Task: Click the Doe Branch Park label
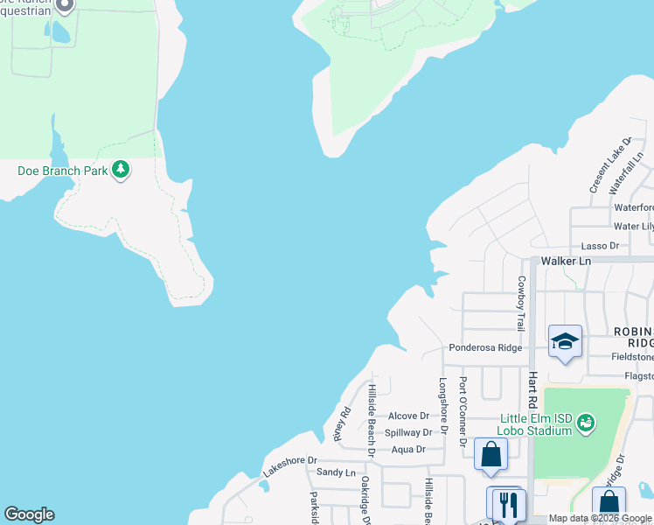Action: [62, 171]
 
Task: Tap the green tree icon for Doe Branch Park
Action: [122, 170]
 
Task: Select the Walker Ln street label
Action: [566, 261]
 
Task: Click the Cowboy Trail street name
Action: [521, 303]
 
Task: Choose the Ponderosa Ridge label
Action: [485, 347]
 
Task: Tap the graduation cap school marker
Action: [565, 341]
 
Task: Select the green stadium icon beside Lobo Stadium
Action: [586, 423]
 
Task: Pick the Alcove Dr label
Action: [408, 416]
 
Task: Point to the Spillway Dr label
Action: [408, 432]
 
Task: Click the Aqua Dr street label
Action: [408, 449]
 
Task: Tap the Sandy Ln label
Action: [336, 472]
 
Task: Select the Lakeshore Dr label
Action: [289, 465]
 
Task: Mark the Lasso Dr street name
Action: [601, 246]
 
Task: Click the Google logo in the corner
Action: [29, 514]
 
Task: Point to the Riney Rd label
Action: [342, 424]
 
